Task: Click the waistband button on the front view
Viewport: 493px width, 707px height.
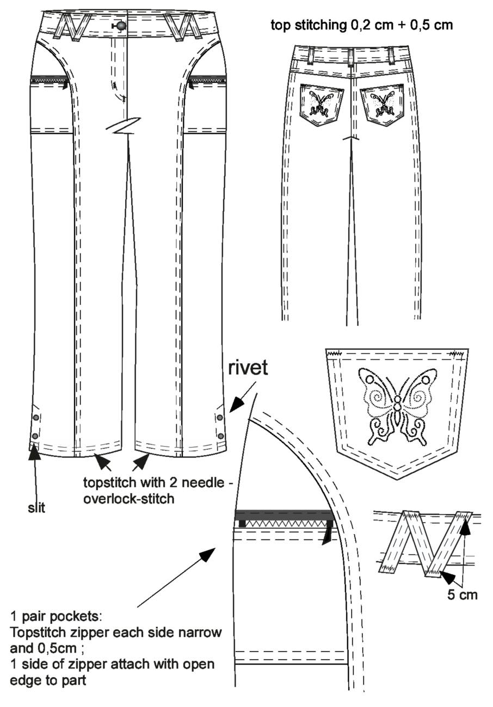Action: pyautogui.click(x=120, y=26)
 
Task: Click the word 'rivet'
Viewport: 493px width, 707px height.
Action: pyautogui.click(x=248, y=368)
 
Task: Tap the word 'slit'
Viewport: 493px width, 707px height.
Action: pyautogui.click(x=36, y=508)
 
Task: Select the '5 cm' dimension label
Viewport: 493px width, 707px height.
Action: pyautogui.click(x=462, y=595)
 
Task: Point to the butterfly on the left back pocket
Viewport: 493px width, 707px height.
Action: pyautogui.click(x=321, y=103)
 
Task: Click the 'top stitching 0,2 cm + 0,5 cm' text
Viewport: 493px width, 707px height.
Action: pyautogui.click(x=362, y=25)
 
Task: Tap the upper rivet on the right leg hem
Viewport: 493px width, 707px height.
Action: pyautogui.click(x=220, y=418)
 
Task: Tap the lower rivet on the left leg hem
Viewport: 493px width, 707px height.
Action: pyautogui.click(x=35, y=436)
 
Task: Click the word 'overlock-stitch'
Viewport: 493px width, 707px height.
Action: pyautogui.click(x=129, y=499)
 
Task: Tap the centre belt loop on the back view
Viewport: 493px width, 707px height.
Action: pyautogui.click(x=351, y=57)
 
